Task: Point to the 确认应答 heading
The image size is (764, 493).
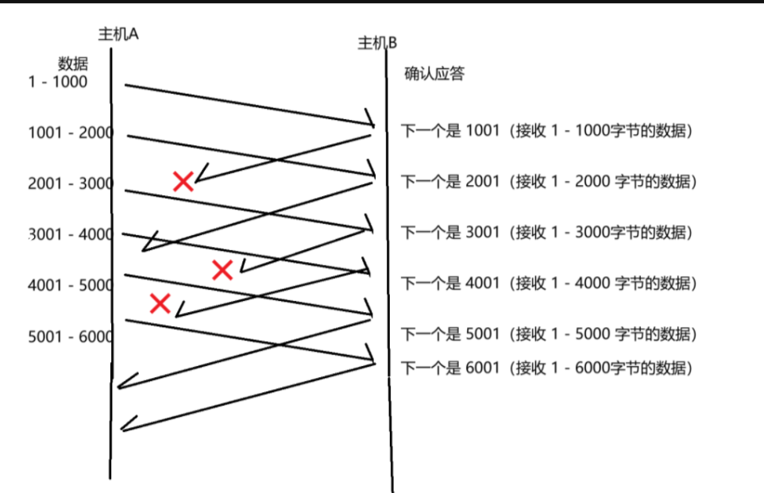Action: pyautogui.click(x=434, y=75)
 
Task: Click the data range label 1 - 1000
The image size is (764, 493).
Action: pyautogui.click(x=58, y=82)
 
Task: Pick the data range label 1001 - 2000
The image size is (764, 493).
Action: pyautogui.click(x=70, y=133)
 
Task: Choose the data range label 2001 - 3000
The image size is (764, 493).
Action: pyautogui.click(x=70, y=184)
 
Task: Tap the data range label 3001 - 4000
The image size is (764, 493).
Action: pyautogui.click(x=70, y=235)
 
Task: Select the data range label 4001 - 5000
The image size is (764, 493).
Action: pyautogui.click(x=70, y=285)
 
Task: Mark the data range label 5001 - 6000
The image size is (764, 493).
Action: pyautogui.click(x=70, y=337)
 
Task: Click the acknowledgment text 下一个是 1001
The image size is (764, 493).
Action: pyautogui.click(x=450, y=131)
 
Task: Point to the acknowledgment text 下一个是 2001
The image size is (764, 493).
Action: pyautogui.click(x=450, y=182)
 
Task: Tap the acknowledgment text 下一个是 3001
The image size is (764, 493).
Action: pyautogui.click(x=450, y=232)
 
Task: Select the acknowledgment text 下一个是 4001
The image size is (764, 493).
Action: pyautogui.click(x=450, y=283)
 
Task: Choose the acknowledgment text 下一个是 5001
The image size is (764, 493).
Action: pyautogui.click(x=450, y=334)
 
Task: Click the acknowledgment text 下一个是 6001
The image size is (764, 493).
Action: pyautogui.click(x=450, y=368)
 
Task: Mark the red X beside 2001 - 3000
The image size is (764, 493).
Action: pyautogui.click(x=183, y=182)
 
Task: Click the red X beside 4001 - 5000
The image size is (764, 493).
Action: pyautogui.click(x=160, y=302)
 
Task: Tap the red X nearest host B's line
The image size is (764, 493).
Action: pyautogui.click(x=222, y=271)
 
